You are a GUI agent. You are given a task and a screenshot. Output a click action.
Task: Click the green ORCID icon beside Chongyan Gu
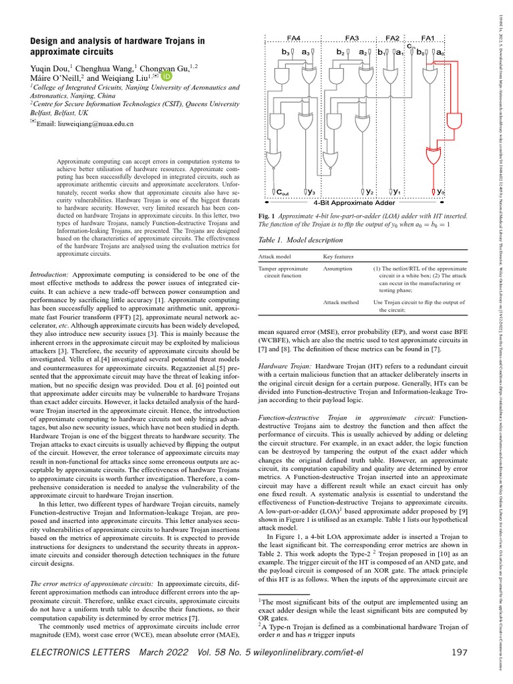[x=165, y=77]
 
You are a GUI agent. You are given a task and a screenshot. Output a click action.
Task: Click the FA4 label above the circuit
[x=293, y=37]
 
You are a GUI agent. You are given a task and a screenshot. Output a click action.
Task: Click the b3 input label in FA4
[x=285, y=51]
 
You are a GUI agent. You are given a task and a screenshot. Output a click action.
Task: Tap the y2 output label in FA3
[x=368, y=192]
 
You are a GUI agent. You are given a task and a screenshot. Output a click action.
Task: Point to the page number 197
[x=458, y=651]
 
